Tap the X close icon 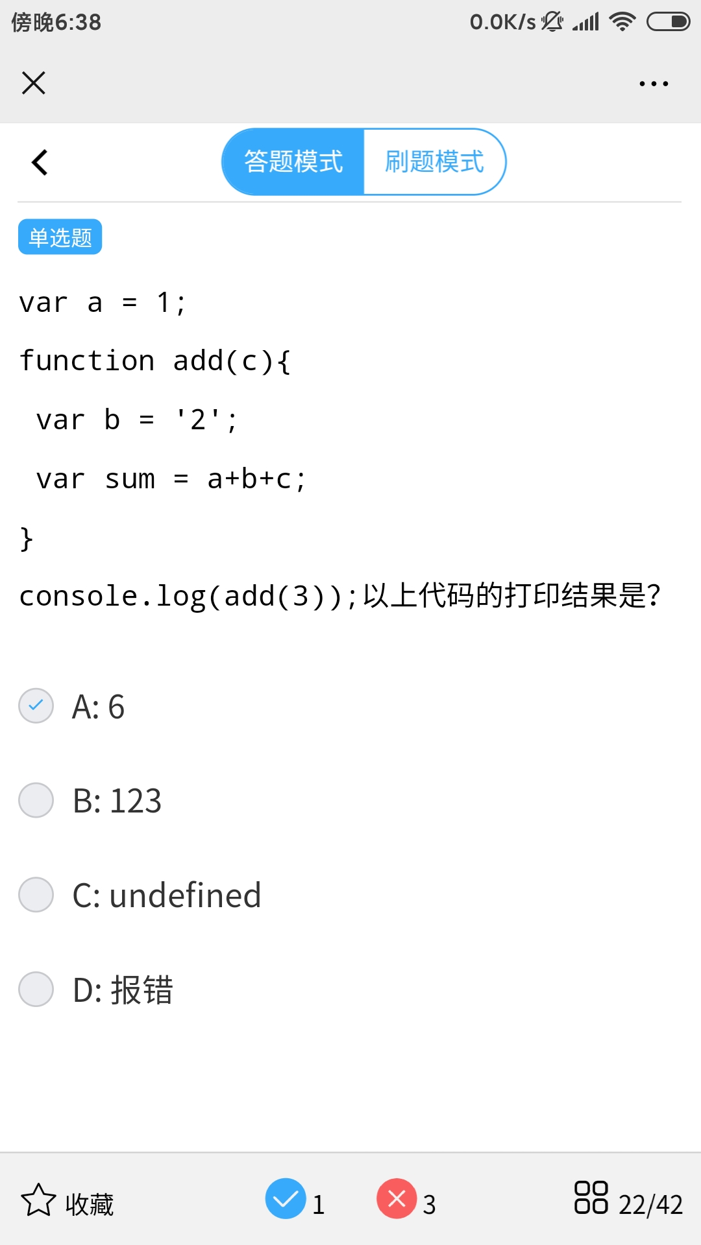(34, 83)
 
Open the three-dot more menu (654, 84)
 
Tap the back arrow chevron (40, 162)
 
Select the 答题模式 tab (293, 161)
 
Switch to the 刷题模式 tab (434, 161)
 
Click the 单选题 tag (60, 237)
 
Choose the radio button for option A (36, 705)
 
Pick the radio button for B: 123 (36, 800)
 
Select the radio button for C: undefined (36, 895)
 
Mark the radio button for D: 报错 (36, 990)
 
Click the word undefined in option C (185, 895)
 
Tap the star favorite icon (38, 1200)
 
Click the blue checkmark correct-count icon (286, 1198)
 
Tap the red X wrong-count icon (397, 1198)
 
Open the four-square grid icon (591, 1197)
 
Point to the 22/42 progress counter (650, 1205)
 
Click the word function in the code (87, 361)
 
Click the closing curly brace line (27, 538)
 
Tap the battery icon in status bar (668, 22)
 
